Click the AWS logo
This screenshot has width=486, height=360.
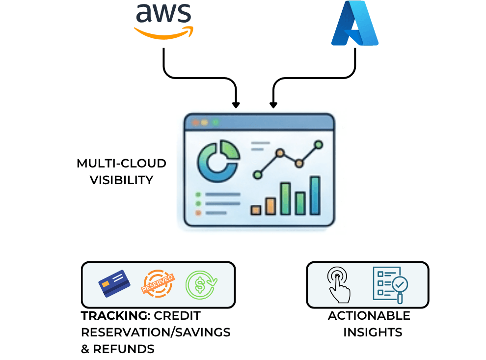(x=163, y=21)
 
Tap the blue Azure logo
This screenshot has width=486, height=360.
(x=354, y=23)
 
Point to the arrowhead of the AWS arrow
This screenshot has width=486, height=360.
(x=236, y=105)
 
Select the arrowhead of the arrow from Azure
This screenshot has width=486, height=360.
(x=273, y=105)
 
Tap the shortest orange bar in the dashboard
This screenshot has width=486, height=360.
(x=255, y=210)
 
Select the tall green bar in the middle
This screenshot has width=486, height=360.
(x=285, y=198)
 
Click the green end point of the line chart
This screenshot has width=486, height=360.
(x=318, y=144)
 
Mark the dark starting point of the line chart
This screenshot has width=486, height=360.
(x=257, y=174)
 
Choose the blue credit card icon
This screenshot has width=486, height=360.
(x=114, y=284)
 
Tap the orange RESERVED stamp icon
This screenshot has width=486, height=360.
(x=157, y=284)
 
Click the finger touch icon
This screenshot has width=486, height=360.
(x=339, y=285)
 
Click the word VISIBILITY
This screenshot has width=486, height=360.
(x=121, y=180)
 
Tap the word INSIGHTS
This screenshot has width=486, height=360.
(x=373, y=332)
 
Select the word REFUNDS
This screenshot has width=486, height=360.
(x=124, y=349)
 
